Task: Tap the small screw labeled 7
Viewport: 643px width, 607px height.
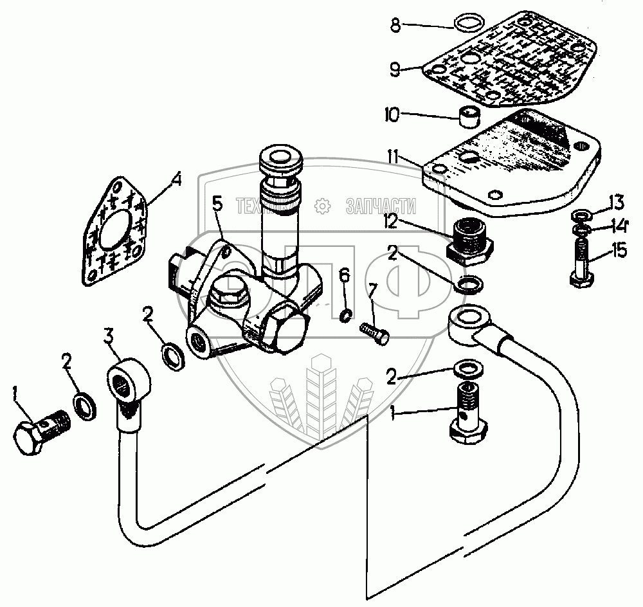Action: [374, 334]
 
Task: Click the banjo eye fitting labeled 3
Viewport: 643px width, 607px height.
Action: [129, 385]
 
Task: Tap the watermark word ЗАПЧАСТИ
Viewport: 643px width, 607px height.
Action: [381, 206]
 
